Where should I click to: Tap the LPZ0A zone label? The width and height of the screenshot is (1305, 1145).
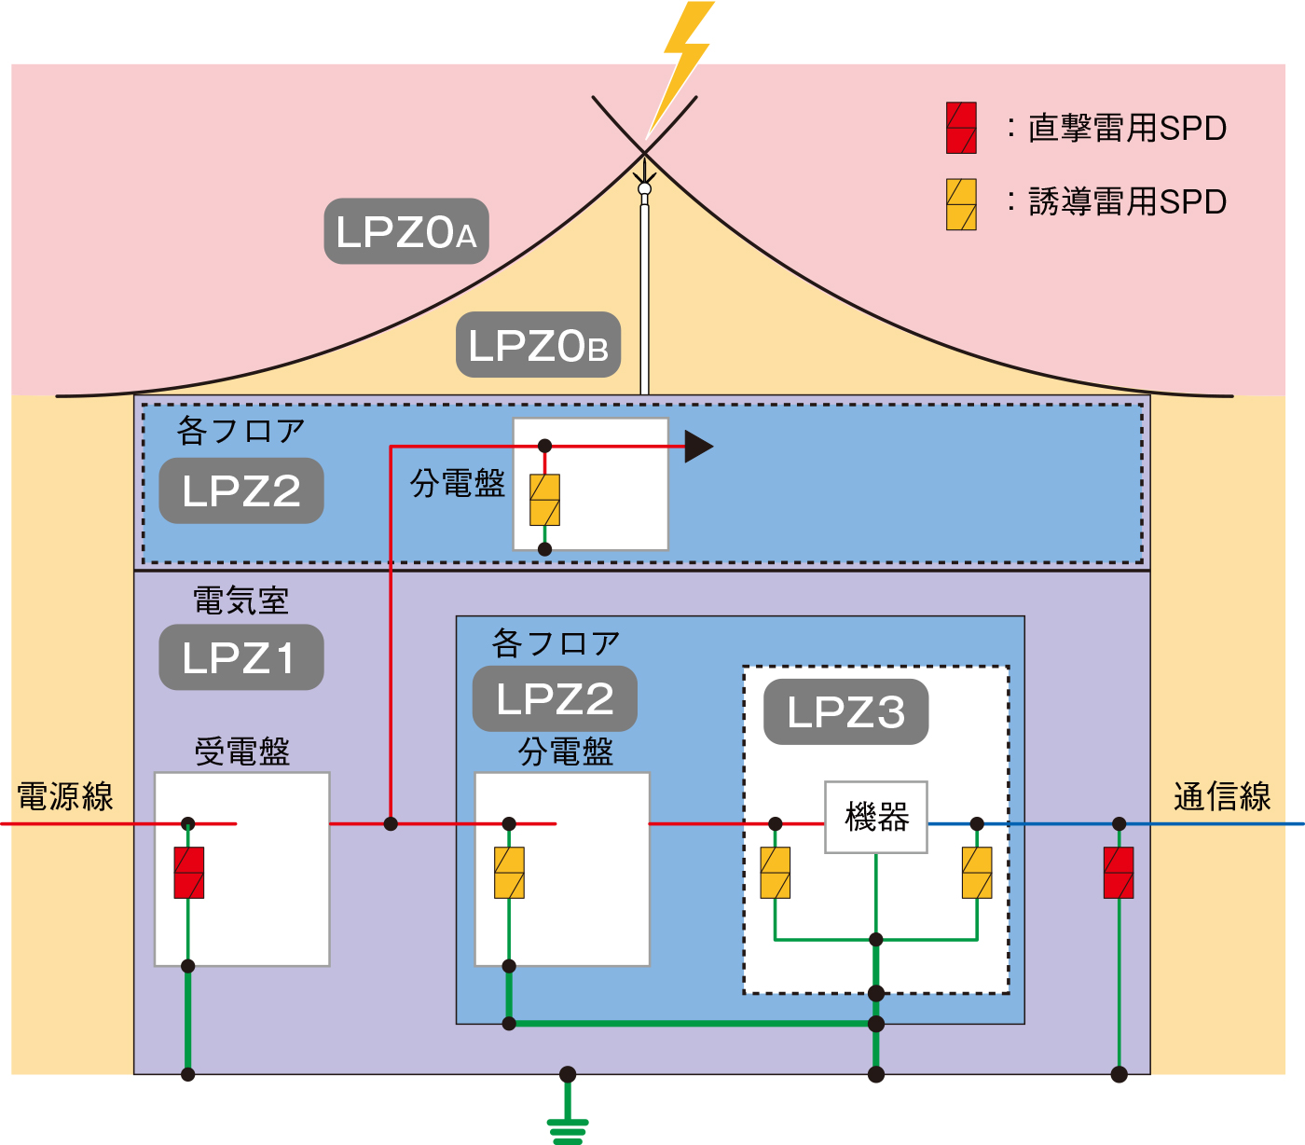[406, 231]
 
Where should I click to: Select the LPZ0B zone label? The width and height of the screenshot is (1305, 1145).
[538, 345]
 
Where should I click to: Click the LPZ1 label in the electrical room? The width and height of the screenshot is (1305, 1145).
[240, 657]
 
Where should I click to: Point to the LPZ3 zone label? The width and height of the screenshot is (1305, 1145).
[845, 712]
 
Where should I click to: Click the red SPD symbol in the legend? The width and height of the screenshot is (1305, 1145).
[961, 128]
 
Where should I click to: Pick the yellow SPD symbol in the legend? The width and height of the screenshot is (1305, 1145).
[961, 204]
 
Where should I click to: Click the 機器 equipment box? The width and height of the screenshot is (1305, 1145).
[876, 817]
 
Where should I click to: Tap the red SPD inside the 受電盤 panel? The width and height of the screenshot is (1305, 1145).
[189, 873]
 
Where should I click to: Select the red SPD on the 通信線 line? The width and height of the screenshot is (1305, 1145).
[1119, 873]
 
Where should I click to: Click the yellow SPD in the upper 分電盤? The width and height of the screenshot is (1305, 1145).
[545, 500]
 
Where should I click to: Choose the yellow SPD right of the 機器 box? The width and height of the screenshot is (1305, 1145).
[977, 873]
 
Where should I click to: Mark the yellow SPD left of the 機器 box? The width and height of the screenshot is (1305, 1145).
[776, 873]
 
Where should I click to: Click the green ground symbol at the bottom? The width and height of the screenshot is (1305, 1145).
[568, 1128]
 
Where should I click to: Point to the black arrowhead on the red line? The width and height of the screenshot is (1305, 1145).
[698, 447]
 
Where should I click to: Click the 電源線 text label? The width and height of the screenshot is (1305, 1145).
[65, 797]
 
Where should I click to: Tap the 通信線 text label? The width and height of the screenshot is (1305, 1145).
[1222, 797]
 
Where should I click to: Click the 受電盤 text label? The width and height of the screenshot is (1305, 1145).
[242, 752]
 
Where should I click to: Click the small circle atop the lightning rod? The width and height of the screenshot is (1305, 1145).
[644, 189]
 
